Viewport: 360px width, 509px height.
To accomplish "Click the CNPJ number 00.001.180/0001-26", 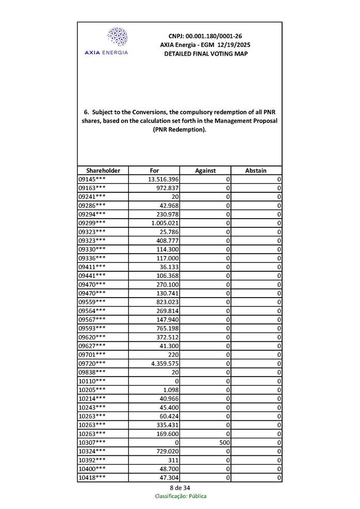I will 205,36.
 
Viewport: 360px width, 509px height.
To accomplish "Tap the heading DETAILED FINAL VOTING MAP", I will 205,54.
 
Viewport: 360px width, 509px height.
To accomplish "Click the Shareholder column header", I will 103,171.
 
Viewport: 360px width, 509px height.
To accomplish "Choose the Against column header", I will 205,171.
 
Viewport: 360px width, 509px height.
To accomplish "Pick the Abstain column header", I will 256,171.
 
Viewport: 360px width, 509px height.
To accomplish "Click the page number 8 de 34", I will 180,488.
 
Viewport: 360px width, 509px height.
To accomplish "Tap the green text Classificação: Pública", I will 181,496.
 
